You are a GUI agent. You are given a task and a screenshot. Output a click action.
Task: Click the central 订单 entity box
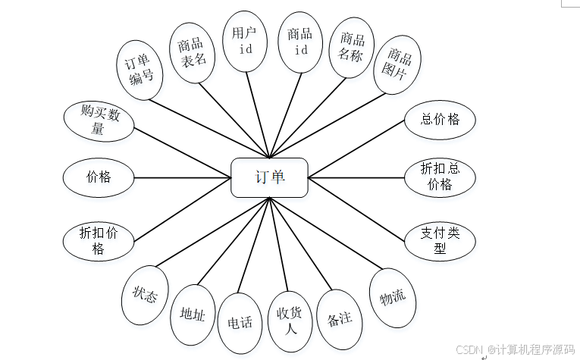[x=269, y=177]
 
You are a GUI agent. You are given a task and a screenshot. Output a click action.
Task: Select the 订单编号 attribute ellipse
[x=140, y=69]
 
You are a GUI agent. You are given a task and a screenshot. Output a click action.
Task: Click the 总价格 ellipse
[x=440, y=119]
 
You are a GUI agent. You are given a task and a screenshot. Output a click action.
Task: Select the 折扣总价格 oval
[x=440, y=177]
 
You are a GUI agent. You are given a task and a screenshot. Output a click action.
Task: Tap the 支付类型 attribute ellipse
[x=440, y=241]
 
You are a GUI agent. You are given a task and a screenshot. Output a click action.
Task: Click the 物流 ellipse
[x=392, y=297]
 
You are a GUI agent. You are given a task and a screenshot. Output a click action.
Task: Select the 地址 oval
[x=192, y=315]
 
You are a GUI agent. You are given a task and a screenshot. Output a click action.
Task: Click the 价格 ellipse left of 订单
[x=99, y=177]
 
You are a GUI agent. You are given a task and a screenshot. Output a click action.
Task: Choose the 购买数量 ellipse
[x=98, y=121]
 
